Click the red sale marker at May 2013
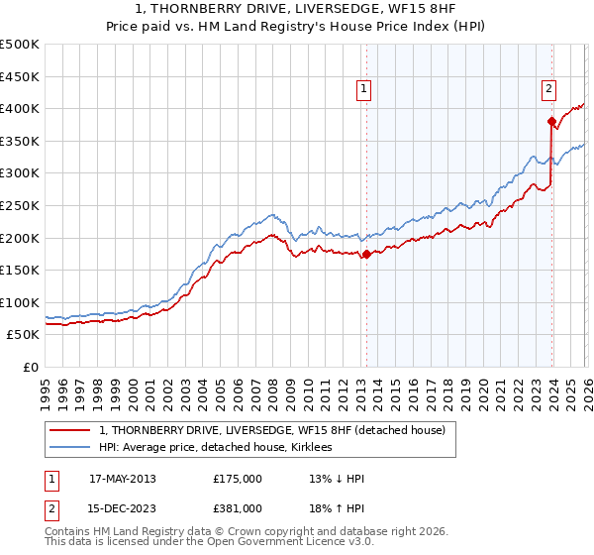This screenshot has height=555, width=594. tap(366, 254)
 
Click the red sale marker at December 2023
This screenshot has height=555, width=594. tap(551, 121)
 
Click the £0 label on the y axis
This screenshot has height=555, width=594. tap(32, 367)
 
